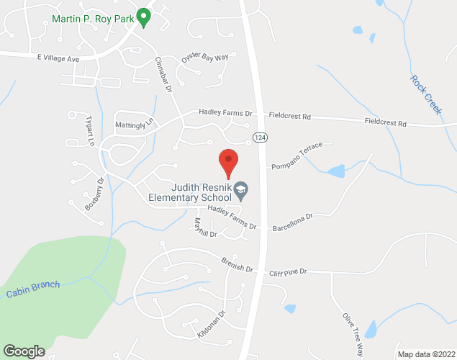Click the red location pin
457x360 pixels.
[228, 162]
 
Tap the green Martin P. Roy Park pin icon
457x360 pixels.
[143, 16]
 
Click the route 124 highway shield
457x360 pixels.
[257, 136]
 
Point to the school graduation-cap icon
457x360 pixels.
[242, 191]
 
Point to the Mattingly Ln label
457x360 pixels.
[135, 125]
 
